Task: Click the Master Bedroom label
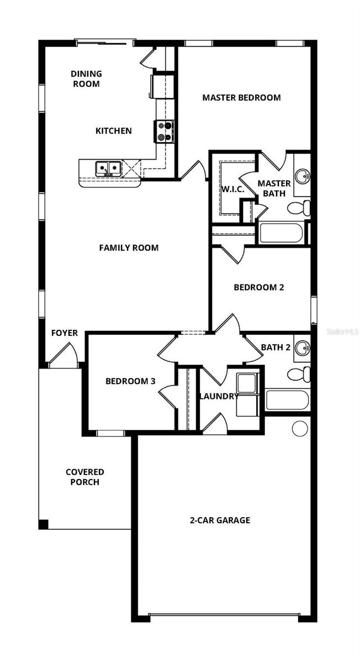[241, 98]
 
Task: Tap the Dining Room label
[86, 79]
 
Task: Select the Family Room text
[129, 248]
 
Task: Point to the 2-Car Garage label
[220, 520]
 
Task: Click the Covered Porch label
[84, 477]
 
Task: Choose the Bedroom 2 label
[258, 287]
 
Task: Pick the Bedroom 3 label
[130, 381]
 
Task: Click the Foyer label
[65, 333]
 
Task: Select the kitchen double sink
[108, 168]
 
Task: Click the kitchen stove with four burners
[164, 131]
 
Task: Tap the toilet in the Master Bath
[299, 208]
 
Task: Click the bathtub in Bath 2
[287, 399]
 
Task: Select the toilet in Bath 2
[299, 374]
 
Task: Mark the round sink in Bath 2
[301, 348]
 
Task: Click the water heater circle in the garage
[300, 428]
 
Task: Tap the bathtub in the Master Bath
[281, 233]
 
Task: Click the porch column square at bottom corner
[44, 524]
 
